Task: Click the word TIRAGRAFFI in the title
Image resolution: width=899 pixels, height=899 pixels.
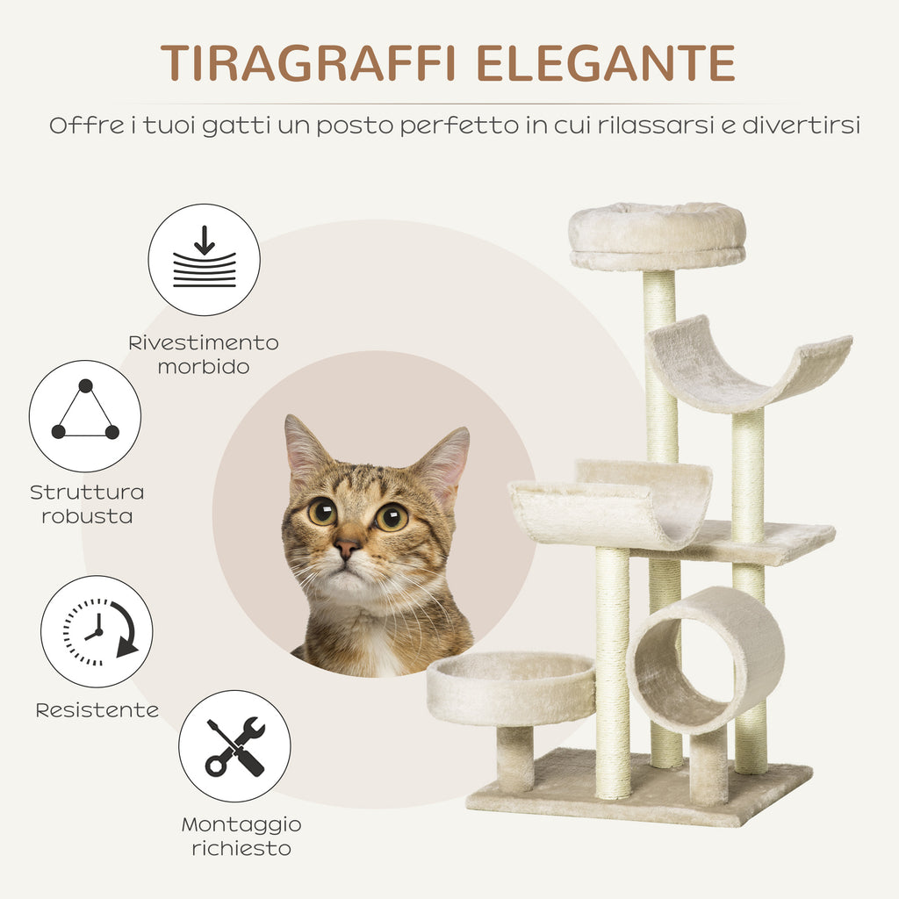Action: (x=309, y=62)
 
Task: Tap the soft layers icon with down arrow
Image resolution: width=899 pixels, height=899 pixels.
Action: (x=204, y=260)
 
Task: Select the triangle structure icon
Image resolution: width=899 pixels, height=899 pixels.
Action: (x=85, y=416)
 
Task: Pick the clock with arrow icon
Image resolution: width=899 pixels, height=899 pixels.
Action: (x=97, y=631)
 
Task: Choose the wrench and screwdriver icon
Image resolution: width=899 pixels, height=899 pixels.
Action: (x=234, y=746)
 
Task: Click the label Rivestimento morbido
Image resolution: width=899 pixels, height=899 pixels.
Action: (x=204, y=354)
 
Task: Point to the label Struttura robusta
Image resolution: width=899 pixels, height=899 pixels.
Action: (x=87, y=504)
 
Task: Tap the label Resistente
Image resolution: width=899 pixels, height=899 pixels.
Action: (x=97, y=710)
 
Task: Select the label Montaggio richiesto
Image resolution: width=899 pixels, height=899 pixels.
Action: (x=241, y=837)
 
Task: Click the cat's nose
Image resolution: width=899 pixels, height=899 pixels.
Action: (x=346, y=548)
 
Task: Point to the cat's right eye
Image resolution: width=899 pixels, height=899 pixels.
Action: (x=392, y=517)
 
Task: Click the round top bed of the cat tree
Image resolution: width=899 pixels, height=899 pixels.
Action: (x=657, y=235)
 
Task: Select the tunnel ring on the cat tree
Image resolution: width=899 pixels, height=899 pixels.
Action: (x=705, y=659)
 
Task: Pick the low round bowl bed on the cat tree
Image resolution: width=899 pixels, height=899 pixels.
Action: (x=511, y=687)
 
